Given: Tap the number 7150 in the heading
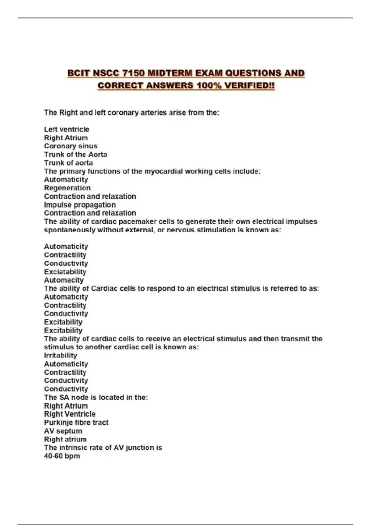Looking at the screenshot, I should point(133,73).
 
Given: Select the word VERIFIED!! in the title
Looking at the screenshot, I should point(249,86).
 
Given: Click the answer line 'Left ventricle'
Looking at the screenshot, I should point(66,129).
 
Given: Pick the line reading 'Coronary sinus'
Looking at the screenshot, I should point(70,146).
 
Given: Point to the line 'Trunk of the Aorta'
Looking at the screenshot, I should point(75,154).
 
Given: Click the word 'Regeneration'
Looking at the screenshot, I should point(67,188).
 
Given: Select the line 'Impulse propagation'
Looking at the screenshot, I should point(80,205).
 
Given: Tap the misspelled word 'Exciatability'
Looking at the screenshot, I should point(65,272).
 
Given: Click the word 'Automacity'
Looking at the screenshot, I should point(64,280).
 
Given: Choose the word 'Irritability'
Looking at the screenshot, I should point(61,355).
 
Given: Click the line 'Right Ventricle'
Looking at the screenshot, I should point(70,414).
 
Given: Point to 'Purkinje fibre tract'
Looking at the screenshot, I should point(76,422).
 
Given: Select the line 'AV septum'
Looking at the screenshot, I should point(63,431).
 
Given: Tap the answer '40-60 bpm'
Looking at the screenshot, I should point(62,456).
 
